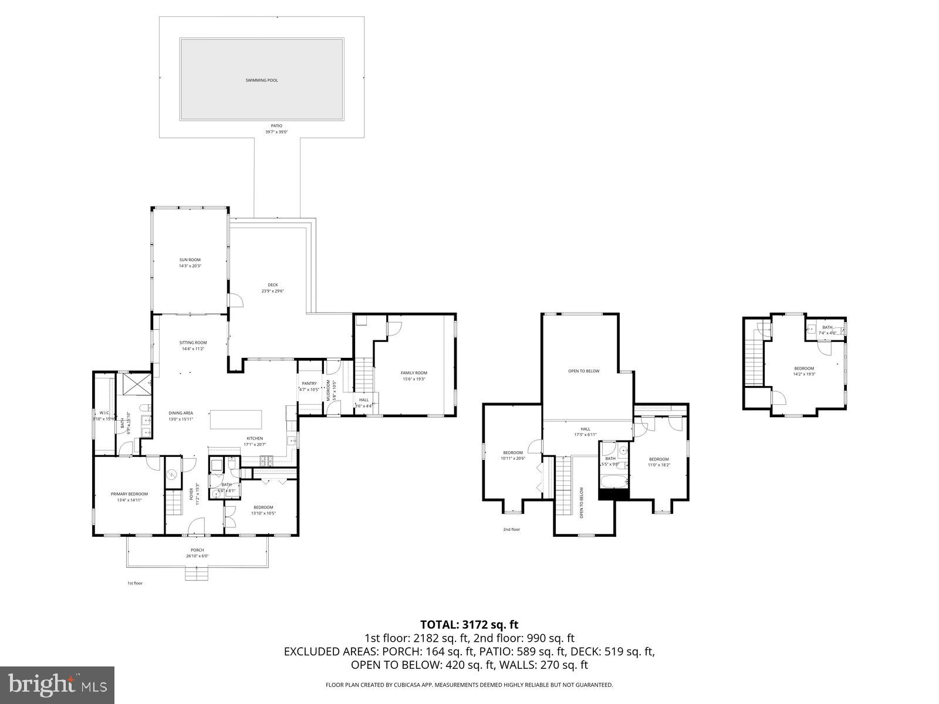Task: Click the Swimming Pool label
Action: [x=261, y=80]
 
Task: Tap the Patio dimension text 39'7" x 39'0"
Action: [x=276, y=132]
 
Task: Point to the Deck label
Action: [x=273, y=285]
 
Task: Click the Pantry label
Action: [x=309, y=384]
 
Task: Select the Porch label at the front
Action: [x=197, y=550]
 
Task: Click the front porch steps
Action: [x=197, y=573]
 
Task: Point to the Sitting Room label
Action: [x=193, y=343]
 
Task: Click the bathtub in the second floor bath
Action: [x=614, y=482]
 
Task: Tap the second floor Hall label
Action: [x=585, y=429]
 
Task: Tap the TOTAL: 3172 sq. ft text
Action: [x=469, y=625]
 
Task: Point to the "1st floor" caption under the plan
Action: [x=135, y=583]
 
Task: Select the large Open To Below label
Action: [x=584, y=371]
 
